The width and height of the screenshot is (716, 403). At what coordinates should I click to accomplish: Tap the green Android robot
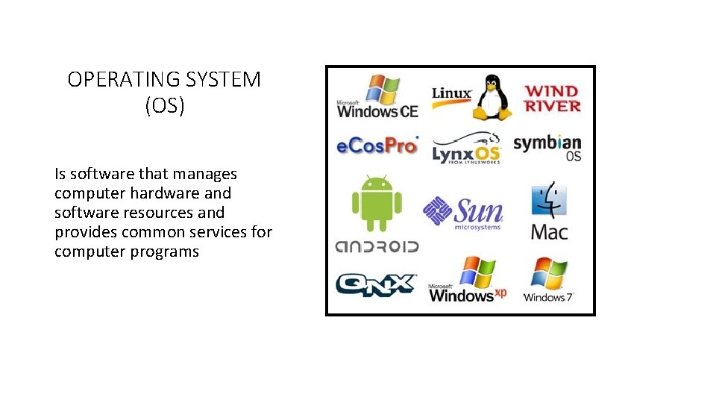click(377, 203)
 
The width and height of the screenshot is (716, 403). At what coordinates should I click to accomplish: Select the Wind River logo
click(552, 99)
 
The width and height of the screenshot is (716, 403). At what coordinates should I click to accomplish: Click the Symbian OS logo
click(547, 147)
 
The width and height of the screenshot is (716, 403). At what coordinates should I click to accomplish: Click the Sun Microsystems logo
click(463, 212)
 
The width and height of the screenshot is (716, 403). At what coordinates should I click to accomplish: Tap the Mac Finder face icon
click(549, 200)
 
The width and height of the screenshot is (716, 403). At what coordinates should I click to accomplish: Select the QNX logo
click(375, 284)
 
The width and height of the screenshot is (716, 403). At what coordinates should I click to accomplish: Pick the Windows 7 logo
click(549, 281)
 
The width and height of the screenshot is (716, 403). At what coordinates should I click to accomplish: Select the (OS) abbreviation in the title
click(165, 105)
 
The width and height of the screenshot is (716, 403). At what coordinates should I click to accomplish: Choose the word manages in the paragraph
click(204, 174)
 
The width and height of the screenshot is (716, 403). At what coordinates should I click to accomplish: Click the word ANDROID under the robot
click(377, 246)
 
